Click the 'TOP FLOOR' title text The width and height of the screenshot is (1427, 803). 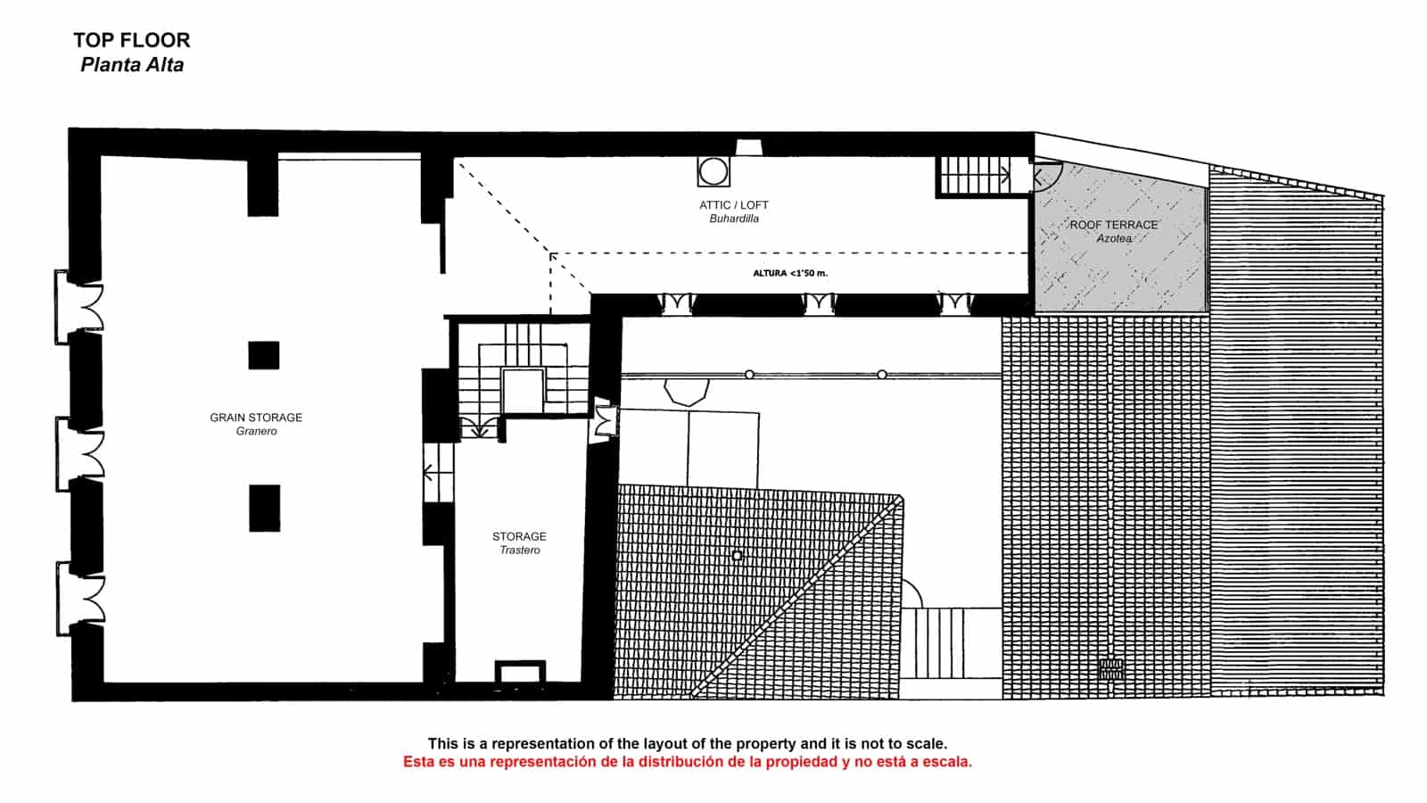pos(132,40)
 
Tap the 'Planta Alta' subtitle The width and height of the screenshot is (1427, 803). pos(132,65)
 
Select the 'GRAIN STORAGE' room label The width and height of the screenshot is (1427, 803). pos(256,418)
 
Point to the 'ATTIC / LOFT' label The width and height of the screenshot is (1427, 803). pos(734,205)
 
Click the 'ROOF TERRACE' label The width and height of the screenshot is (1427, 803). pos(1114,225)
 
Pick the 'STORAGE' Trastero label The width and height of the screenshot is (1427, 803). pos(519,536)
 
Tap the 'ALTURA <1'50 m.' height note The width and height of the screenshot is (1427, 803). pos(790,273)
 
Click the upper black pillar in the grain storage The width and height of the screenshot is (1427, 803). pos(264,355)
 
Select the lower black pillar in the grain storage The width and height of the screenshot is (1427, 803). pos(264,508)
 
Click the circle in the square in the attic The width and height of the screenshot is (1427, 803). pos(713,171)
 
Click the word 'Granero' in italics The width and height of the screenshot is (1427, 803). pos(256,432)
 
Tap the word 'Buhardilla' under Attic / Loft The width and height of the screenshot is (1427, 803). pos(734,219)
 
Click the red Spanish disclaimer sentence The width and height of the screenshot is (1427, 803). pos(688,762)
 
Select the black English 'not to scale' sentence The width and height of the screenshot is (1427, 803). pos(688,743)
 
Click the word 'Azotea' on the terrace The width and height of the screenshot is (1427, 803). pos(1114,239)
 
